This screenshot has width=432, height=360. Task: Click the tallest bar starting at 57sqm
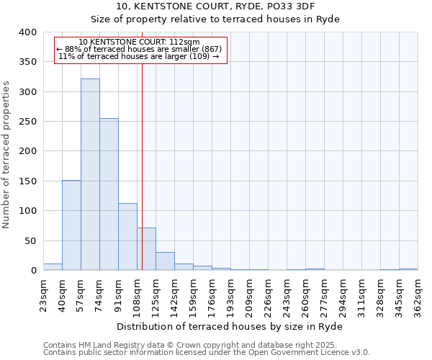(x=90, y=174)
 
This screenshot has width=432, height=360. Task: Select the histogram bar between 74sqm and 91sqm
(x=109, y=194)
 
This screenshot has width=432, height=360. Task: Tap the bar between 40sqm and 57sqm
(x=71, y=225)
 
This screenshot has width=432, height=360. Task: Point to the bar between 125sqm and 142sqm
(x=165, y=261)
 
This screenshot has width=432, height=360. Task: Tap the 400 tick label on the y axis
(x=27, y=32)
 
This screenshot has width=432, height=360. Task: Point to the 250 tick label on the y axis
(x=27, y=122)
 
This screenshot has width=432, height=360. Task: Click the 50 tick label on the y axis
(x=30, y=240)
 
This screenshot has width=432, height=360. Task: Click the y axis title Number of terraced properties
(x=7, y=155)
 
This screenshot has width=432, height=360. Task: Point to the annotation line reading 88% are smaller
(x=141, y=49)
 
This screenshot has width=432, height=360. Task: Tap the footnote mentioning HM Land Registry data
(x=185, y=345)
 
